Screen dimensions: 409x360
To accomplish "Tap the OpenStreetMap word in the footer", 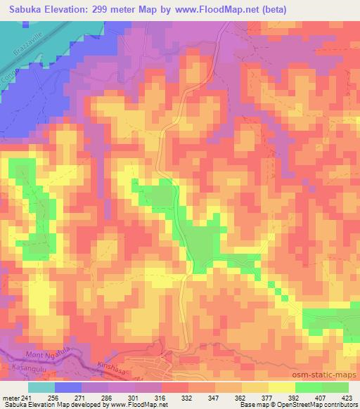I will (307, 405).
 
